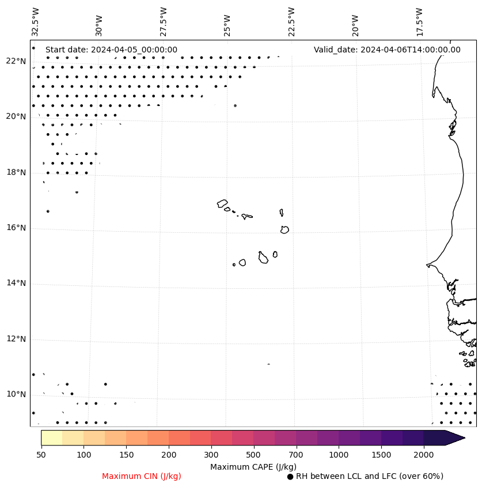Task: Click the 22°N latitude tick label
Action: pos(16,62)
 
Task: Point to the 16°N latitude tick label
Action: pos(16,228)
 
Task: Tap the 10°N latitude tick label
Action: pos(16,395)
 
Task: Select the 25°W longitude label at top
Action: pos(227,21)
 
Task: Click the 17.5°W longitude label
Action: pos(420,21)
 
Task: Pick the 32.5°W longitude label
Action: pos(36,21)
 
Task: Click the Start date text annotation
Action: pos(111,50)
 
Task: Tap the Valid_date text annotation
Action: pos(387,50)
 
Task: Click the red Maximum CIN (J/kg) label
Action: pos(142,477)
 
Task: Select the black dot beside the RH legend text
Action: pos(290,477)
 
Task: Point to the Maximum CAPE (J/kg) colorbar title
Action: pos(253,467)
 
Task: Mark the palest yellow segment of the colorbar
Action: pos(51,437)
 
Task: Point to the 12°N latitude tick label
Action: pos(16,339)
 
